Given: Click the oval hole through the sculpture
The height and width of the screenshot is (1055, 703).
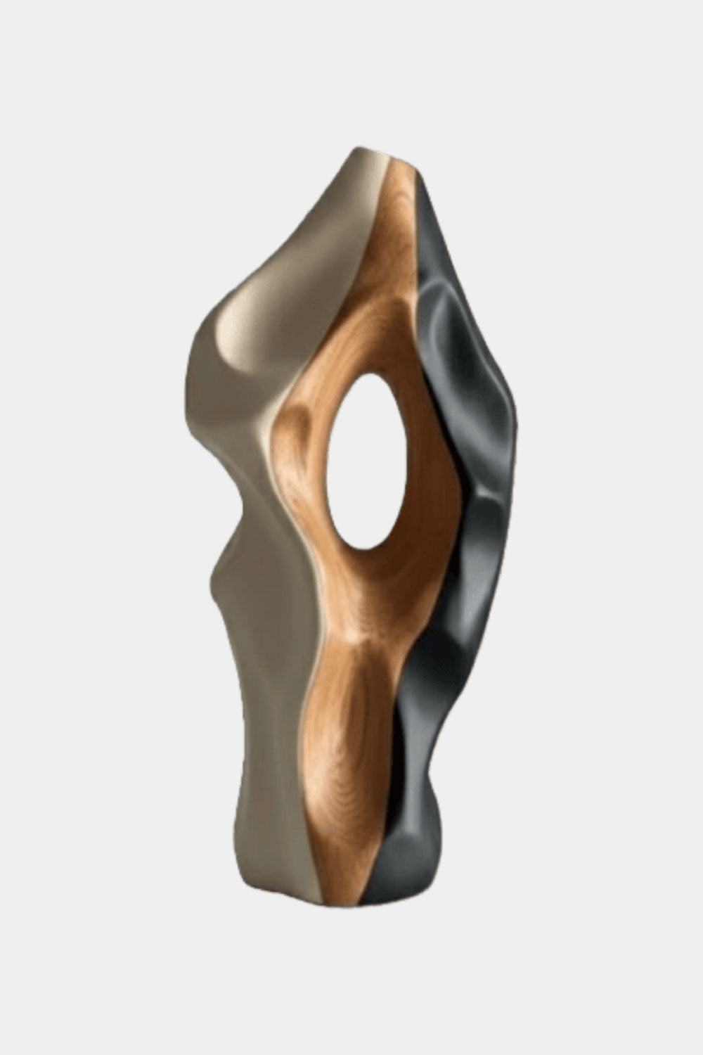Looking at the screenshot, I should (366, 461).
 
